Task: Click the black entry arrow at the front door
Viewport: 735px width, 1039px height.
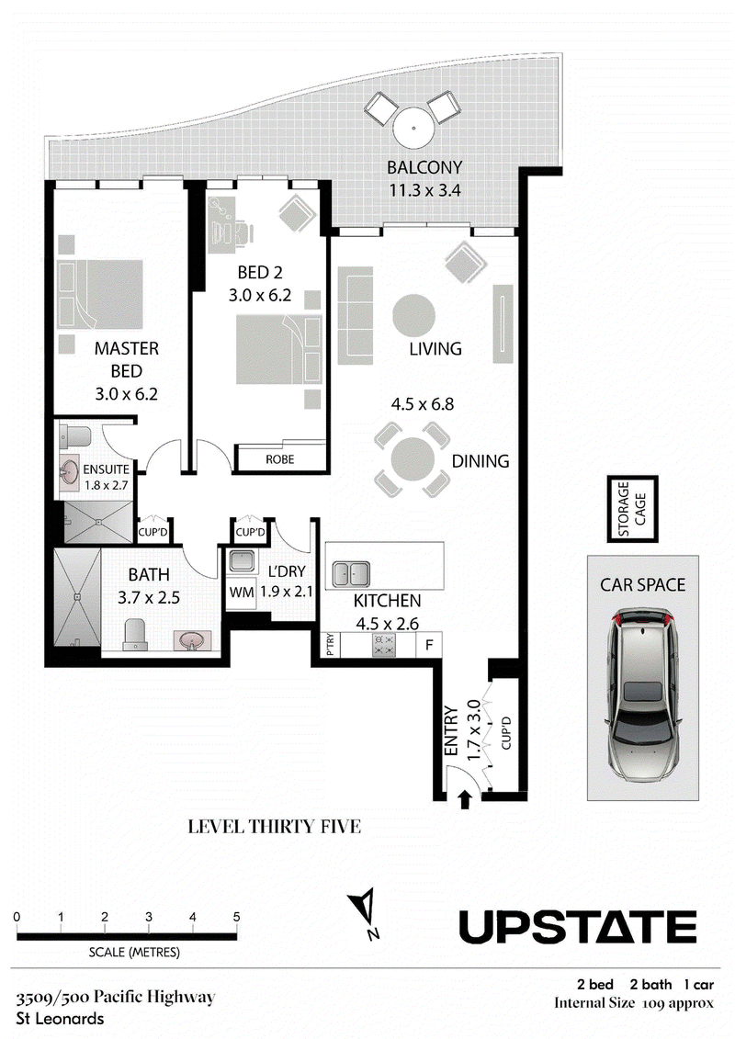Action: click(465, 800)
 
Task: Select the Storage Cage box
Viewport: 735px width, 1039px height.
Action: click(632, 509)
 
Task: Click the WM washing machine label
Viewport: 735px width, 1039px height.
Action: click(242, 593)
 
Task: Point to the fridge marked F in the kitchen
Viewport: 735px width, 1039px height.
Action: click(429, 644)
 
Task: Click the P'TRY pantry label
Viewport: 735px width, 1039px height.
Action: click(331, 645)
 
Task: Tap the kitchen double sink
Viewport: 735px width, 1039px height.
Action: click(351, 574)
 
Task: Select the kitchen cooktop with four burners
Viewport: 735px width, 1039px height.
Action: click(384, 645)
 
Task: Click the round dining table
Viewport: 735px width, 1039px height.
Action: click(413, 459)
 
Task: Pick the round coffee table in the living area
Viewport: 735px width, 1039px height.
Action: click(413, 315)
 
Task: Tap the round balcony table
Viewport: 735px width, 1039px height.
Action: click(413, 130)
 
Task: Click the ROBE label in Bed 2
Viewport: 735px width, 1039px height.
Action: click(279, 459)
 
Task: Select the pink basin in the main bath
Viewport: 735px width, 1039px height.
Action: click(192, 641)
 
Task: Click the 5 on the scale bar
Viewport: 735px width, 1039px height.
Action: click(237, 917)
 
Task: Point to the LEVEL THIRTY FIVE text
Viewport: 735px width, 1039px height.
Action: click(275, 826)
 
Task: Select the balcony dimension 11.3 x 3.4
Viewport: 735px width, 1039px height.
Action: click(424, 190)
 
